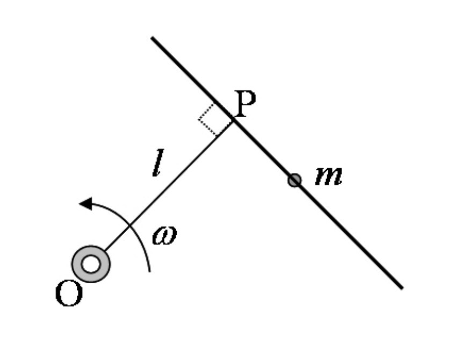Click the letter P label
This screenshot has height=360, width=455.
(x=246, y=105)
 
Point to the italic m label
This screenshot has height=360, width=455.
(x=328, y=176)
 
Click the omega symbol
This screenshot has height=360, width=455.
(x=164, y=236)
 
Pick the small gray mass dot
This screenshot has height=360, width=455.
(x=294, y=181)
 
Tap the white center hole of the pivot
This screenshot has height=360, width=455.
(x=91, y=264)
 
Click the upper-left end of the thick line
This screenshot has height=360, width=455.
(x=153, y=38)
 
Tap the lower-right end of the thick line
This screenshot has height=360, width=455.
(x=401, y=287)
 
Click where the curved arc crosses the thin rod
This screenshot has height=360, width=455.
(x=129, y=226)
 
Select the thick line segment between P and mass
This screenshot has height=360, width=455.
(x=263, y=150)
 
